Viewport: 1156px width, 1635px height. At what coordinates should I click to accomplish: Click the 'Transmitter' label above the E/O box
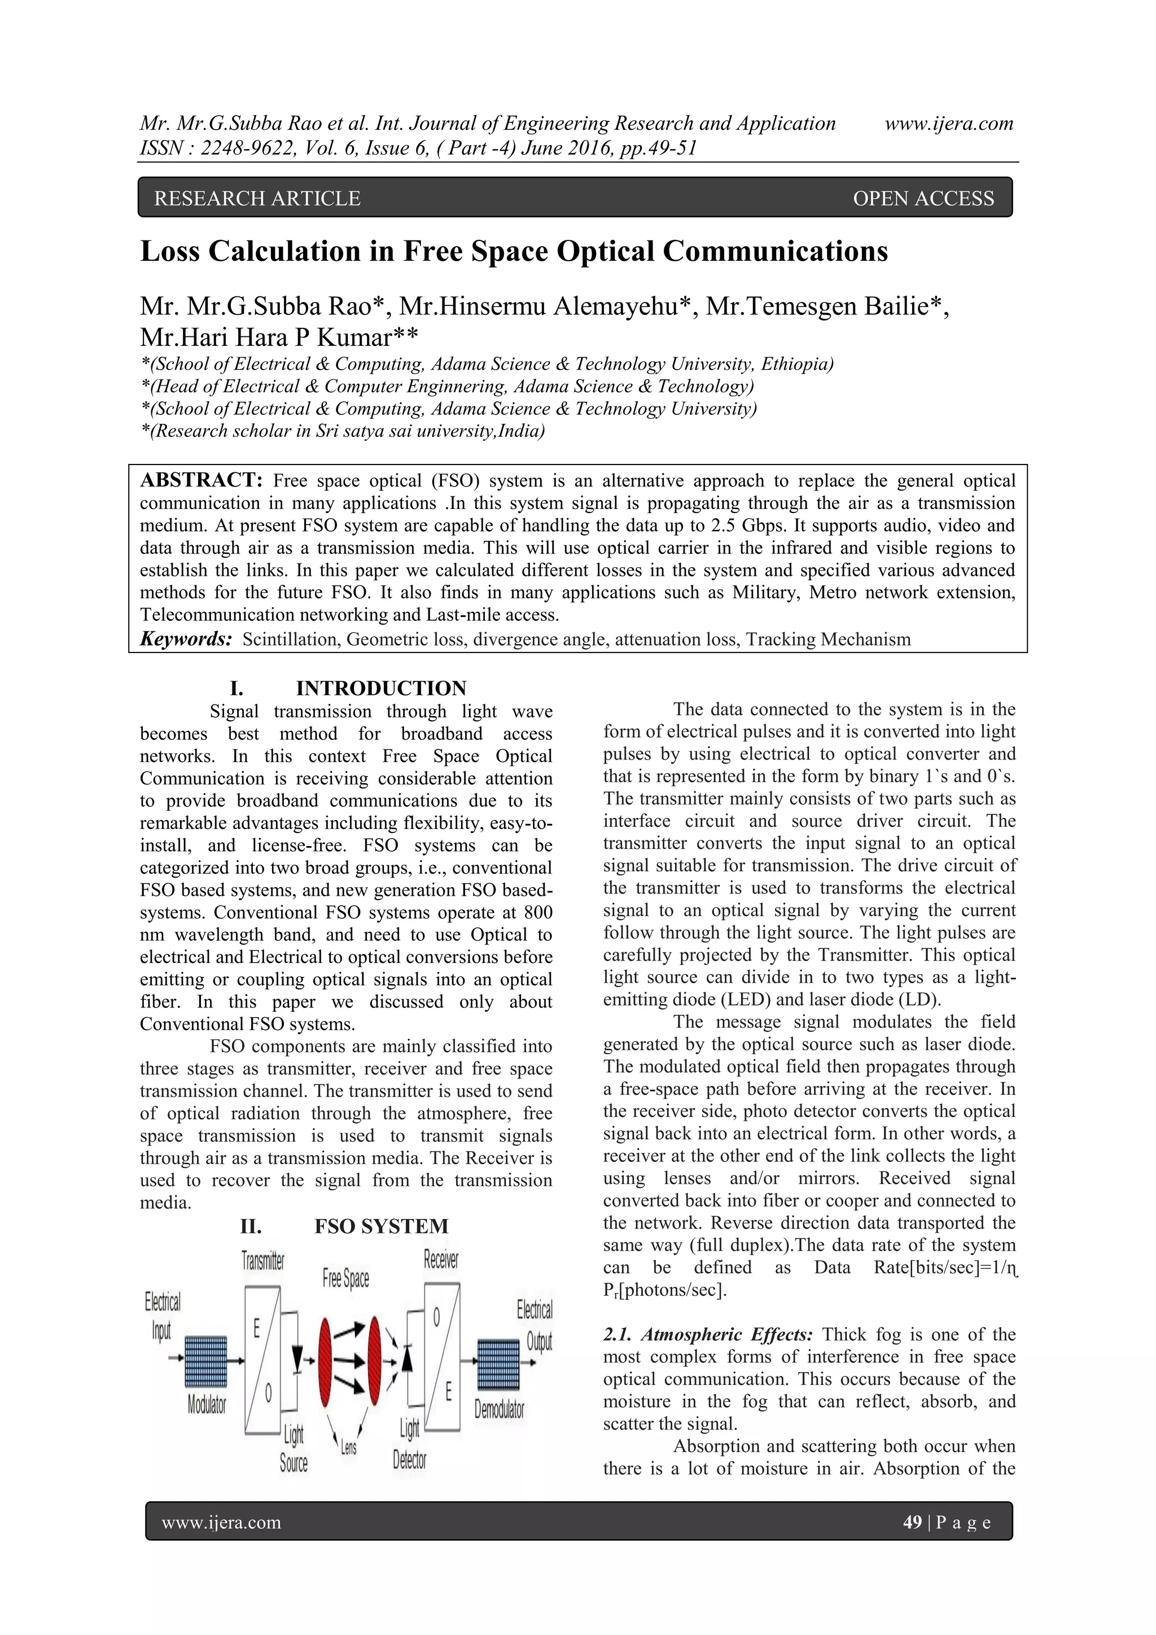click(x=263, y=1260)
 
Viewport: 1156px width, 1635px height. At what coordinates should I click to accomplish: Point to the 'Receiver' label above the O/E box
click(x=441, y=1259)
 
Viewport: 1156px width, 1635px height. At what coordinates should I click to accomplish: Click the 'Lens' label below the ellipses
click(x=348, y=1447)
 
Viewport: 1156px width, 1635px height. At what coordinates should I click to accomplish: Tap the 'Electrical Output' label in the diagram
click(x=536, y=1325)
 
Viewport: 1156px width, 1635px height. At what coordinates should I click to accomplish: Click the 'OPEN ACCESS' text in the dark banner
click(x=923, y=199)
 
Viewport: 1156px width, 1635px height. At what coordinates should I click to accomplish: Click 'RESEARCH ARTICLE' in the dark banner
click(x=257, y=199)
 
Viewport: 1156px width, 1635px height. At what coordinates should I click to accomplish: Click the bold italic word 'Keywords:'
click(x=186, y=639)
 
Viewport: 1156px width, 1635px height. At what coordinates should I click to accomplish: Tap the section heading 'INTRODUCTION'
click(x=381, y=688)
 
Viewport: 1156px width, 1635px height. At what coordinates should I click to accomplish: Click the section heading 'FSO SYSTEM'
click(x=381, y=1226)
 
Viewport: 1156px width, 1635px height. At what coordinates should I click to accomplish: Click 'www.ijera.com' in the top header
click(x=949, y=124)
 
